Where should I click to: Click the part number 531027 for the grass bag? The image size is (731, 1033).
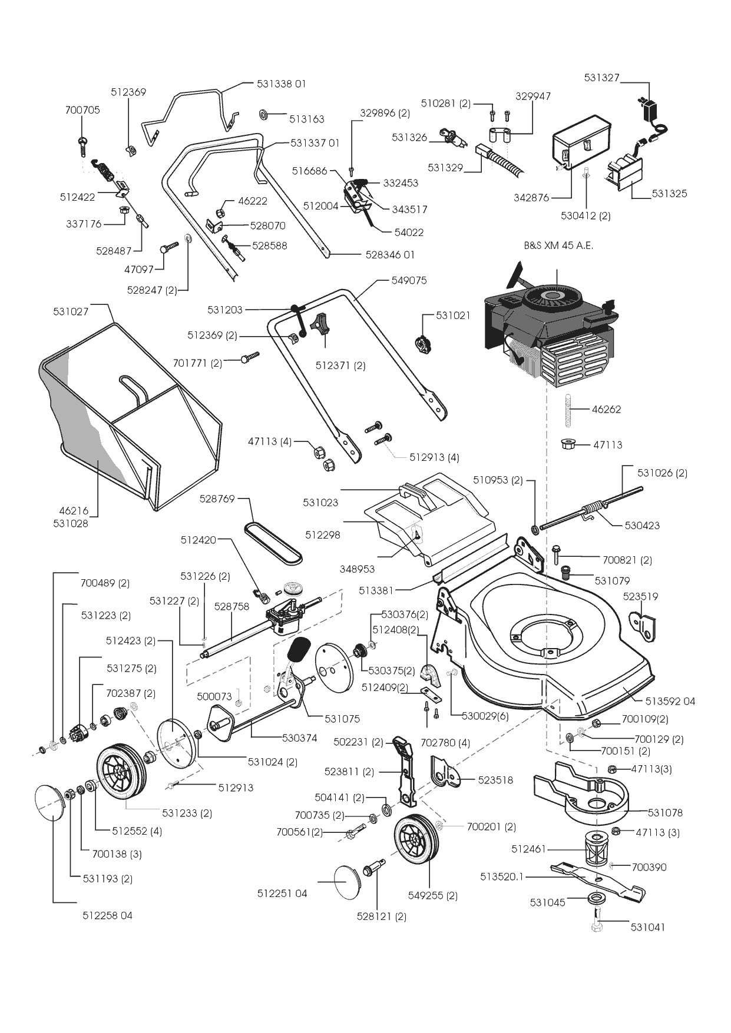click(71, 311)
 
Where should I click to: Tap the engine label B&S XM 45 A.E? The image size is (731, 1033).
click(558, 246)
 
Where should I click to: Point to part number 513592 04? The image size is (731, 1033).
click(670, 701)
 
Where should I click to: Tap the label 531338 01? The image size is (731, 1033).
click(282, 84)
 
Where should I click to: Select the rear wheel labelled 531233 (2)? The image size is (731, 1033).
click(121, 771)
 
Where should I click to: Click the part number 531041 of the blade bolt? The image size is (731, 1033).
click(647, 927)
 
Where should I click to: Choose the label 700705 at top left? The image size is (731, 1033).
click(82, 110)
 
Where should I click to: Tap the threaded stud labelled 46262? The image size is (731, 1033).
click(570, 409)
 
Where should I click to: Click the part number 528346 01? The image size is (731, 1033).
click(390, 255)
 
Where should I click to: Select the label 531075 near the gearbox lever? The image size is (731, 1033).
click(342, 719)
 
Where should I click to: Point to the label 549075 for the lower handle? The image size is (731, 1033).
click(409, 281)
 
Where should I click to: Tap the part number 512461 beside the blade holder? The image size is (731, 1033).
click(529, 849)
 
